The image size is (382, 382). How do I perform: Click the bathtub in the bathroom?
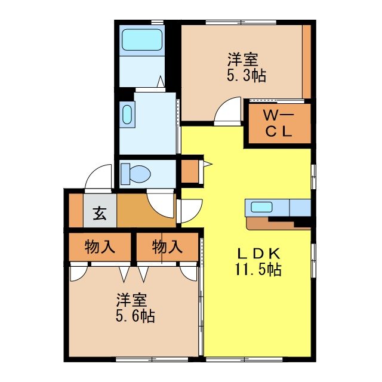point(142,41)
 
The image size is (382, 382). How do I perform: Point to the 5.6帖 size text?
point(135,316)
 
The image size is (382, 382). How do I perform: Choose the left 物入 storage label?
point(99,246)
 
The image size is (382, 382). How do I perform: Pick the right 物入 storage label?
point(167,246)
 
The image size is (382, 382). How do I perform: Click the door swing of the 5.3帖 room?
point(227,112)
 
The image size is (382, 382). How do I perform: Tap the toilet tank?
point(124,174)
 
